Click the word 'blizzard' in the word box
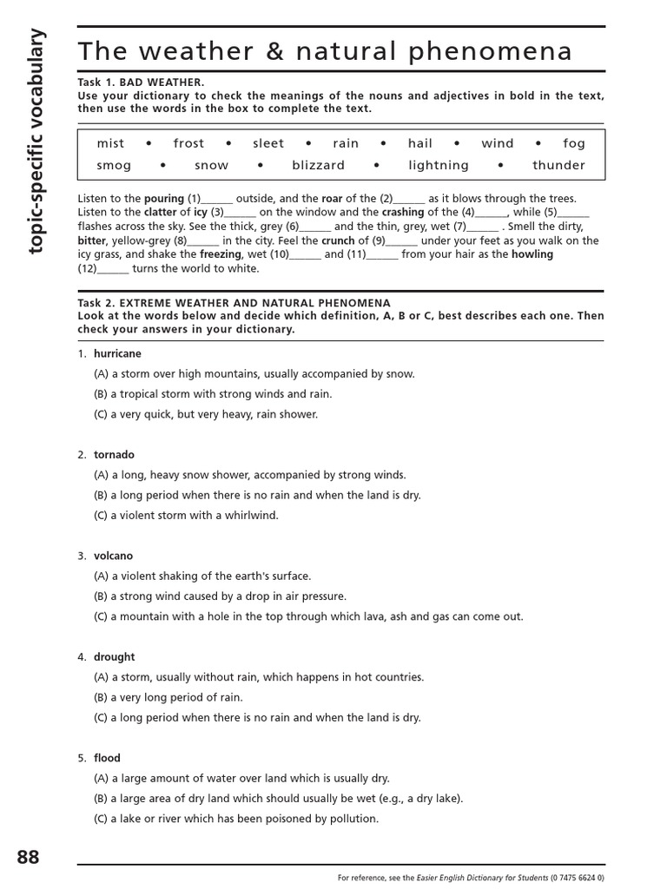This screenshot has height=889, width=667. point(318,165)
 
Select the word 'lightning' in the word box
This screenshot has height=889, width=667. point(439,165)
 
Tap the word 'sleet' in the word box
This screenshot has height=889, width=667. point(268,143)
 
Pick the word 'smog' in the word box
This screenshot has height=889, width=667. point(115,165)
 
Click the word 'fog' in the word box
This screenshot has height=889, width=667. point(574,143)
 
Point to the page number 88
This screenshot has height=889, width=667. point(28,857)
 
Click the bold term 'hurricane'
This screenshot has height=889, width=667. point(117,354)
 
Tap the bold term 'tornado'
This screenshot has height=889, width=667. point(114,455)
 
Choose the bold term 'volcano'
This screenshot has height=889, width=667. point(114,556)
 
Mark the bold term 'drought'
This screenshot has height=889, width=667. point(115,657)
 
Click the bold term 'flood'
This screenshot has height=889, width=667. point(108,758)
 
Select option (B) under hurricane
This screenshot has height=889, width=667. point(213,394)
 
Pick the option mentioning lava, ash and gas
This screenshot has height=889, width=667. point(308,616)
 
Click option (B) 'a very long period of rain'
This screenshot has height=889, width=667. point(168,697)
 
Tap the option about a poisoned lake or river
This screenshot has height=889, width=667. point(236,819)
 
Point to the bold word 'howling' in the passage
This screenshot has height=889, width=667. point(532,254)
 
